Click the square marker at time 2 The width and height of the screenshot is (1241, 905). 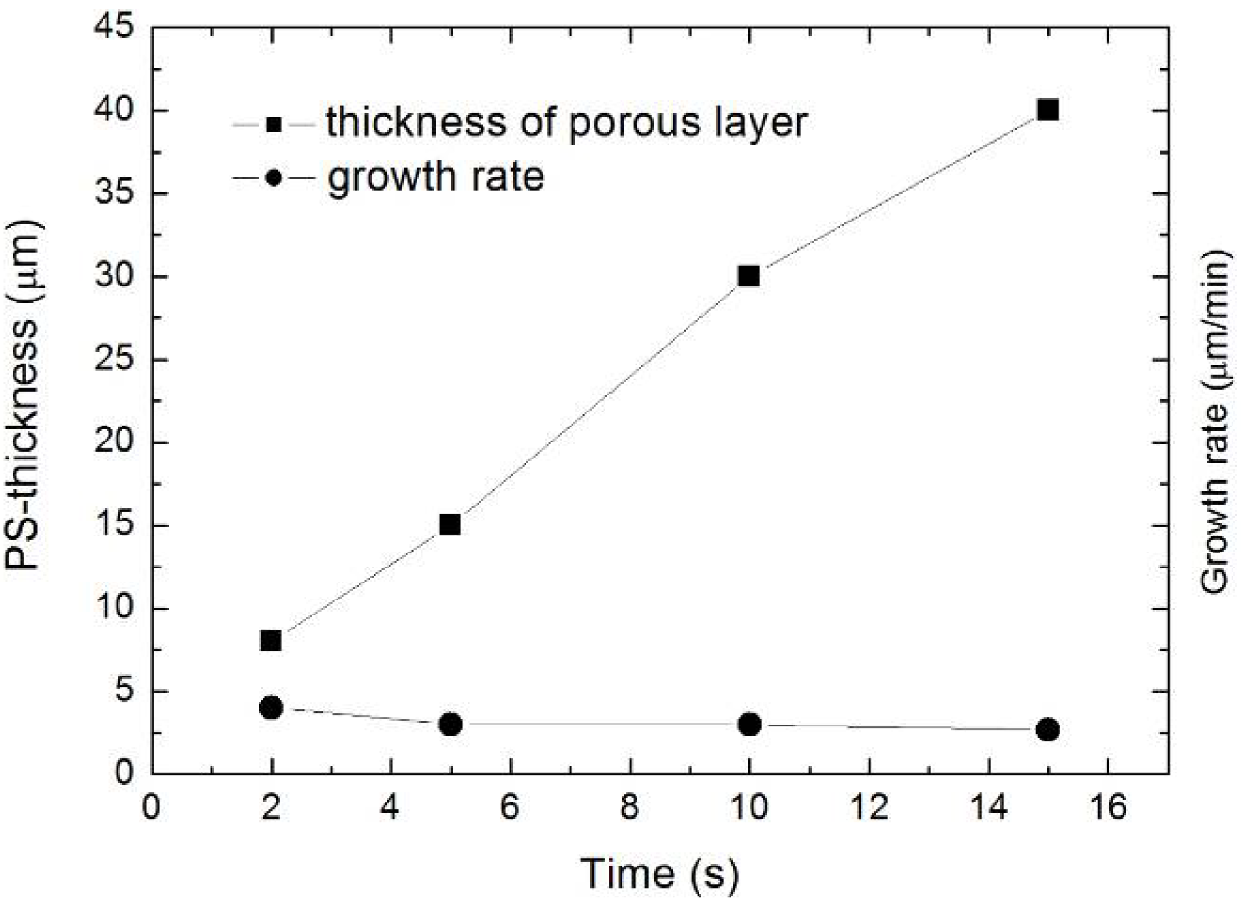(271, 641)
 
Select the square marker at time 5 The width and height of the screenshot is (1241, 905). (450, 524)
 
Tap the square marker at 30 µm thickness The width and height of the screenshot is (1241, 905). (749, 276)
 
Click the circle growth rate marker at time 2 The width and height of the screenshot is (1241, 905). (271, 708)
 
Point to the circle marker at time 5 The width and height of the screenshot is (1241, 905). (450, 725)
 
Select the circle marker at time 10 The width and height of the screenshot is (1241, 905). (749, 724)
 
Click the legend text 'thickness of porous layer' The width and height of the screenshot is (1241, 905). (567, 122)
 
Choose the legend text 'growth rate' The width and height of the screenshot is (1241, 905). (436, 177)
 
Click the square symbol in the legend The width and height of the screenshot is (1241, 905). (274, 125)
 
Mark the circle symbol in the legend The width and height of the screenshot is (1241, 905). (274, 179)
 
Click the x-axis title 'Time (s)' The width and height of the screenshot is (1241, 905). (659, 874)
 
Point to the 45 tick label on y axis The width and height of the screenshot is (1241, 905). (114, 29)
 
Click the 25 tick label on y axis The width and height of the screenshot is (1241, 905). (114, 360)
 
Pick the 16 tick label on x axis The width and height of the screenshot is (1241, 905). (1108, 807)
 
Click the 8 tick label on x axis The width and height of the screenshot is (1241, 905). (630, 807)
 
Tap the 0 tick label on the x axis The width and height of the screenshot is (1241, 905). (151, 807)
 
